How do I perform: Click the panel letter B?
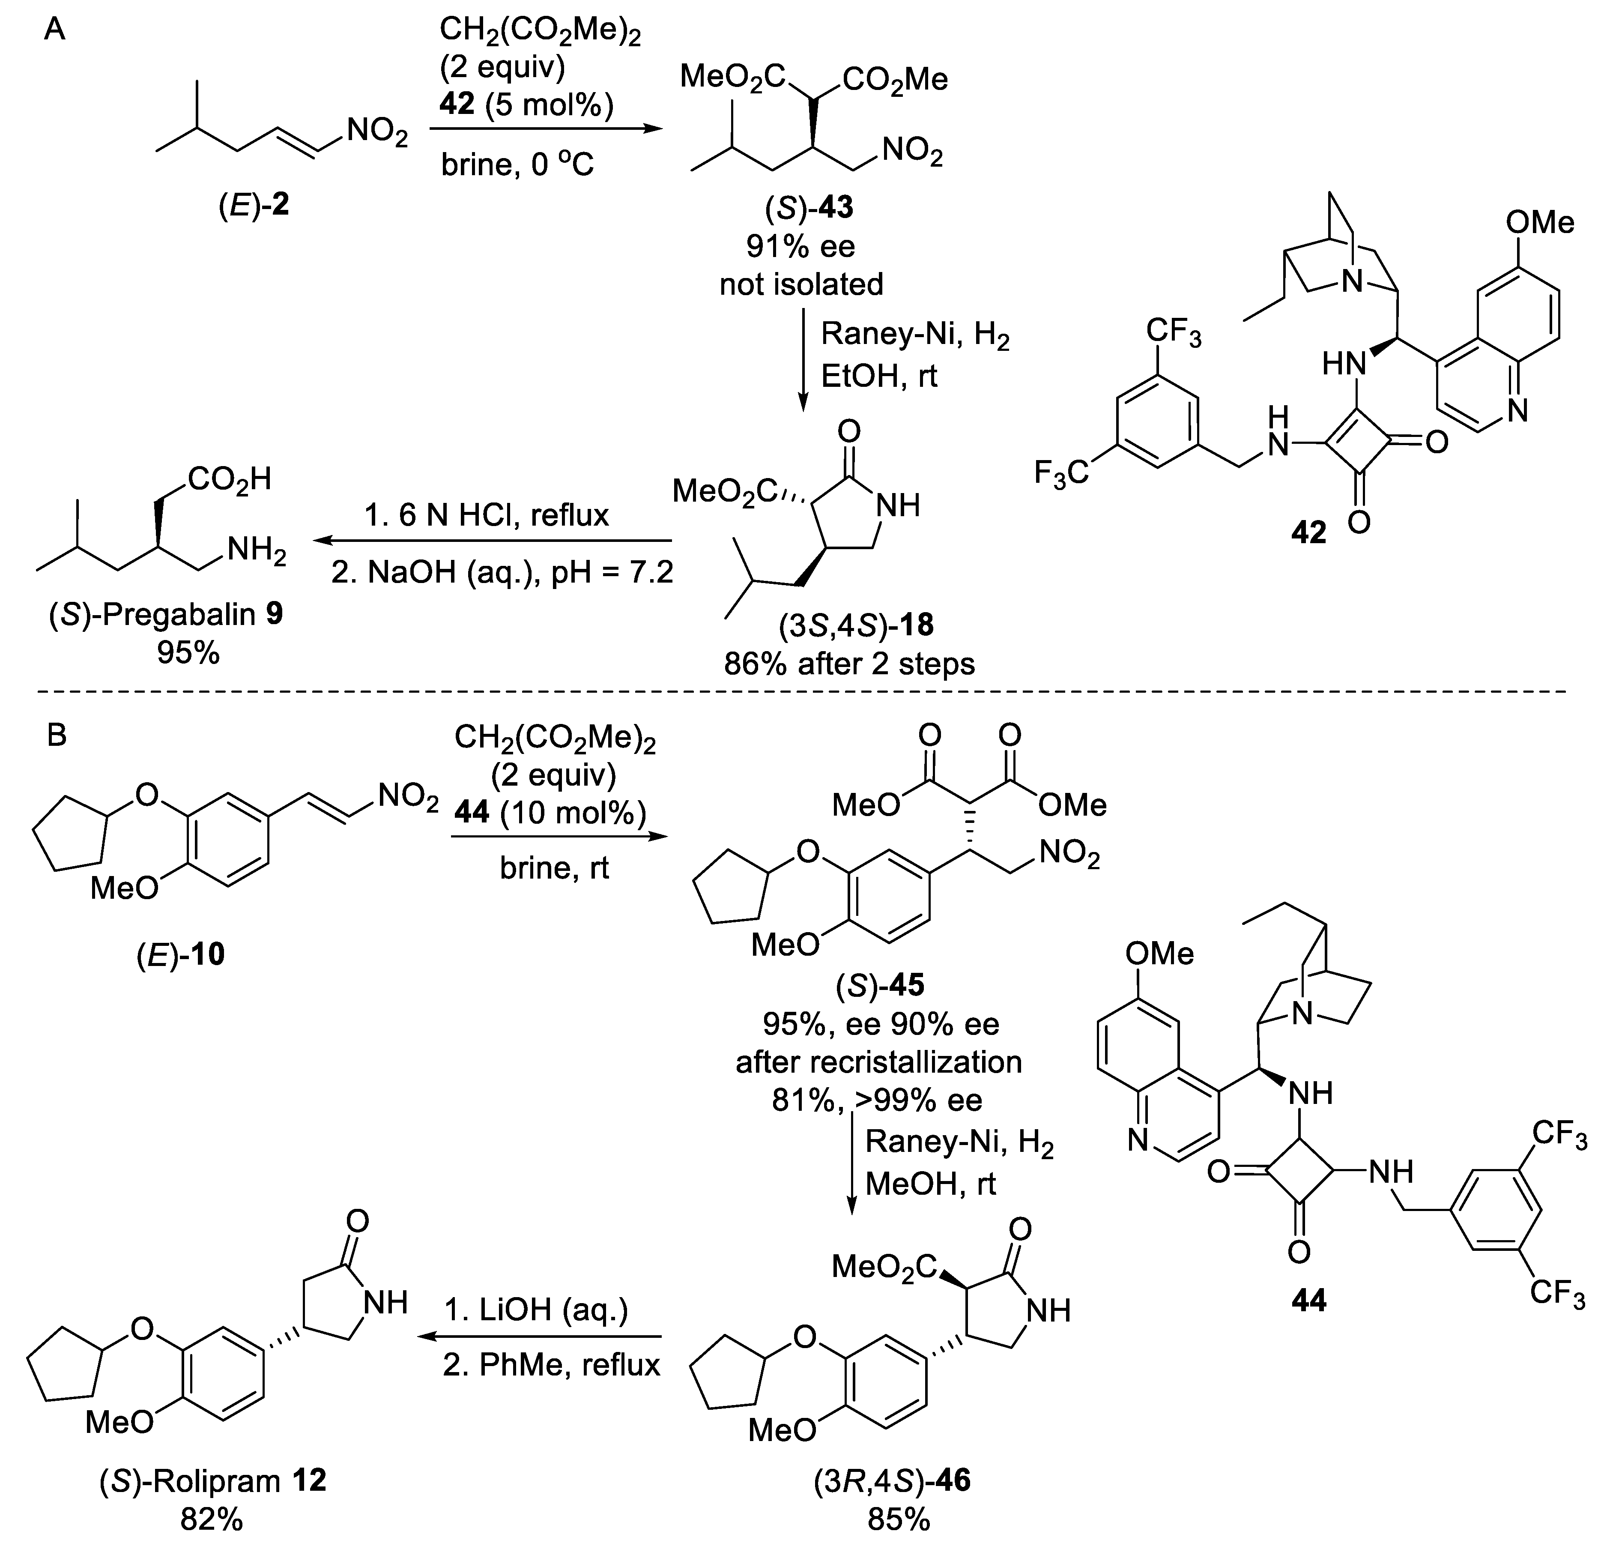click(x=57, y=736)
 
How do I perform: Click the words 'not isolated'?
click(x=801, y=284)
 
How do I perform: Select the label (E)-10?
click(x=180, y=954)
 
